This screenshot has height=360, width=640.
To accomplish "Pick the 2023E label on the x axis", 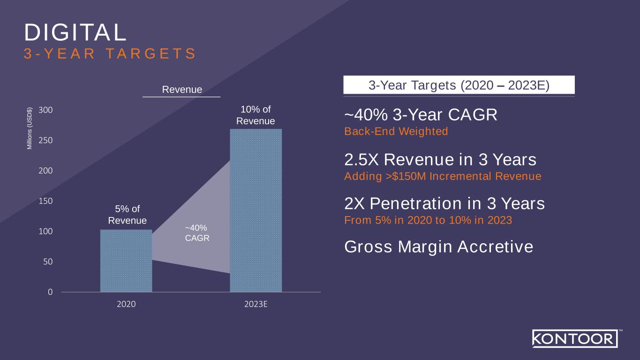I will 256,304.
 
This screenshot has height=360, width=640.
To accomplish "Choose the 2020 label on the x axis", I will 126,304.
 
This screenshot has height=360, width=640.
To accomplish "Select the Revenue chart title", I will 181,89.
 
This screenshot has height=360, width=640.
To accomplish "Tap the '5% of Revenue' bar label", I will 127,215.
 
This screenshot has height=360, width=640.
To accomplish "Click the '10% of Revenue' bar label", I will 256,115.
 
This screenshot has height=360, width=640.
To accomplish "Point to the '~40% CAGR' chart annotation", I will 197,232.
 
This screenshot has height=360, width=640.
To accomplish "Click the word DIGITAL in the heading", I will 75,32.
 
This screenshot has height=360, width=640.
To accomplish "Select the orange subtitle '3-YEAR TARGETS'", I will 110,53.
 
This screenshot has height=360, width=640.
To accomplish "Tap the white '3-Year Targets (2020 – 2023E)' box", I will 459,85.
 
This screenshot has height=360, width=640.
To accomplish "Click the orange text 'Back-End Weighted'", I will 396,131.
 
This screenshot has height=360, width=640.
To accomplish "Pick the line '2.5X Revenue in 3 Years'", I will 440,160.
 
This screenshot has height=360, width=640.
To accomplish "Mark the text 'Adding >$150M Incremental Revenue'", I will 443,176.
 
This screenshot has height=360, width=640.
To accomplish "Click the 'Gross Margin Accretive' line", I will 438,247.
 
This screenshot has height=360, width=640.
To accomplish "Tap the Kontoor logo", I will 574,339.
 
